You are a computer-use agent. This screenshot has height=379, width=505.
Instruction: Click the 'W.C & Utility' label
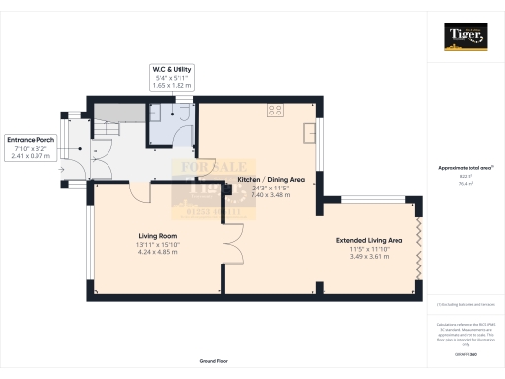click(x=172, y=69)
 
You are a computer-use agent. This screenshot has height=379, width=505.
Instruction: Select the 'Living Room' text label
click(x=156, y=236)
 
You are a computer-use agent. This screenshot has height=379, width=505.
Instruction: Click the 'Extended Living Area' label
click(x=369, y=240)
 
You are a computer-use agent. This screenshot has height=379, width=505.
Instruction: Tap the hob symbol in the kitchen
click(x=272, y=111)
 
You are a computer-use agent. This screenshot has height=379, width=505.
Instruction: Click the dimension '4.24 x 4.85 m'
click(x=156, y=252)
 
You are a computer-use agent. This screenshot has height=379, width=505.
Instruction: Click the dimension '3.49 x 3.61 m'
click(x=369, y=256)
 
